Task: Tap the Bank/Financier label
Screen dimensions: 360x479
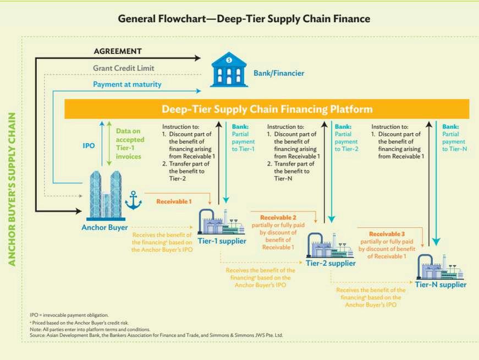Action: pyautogui.click(x=278, y=73)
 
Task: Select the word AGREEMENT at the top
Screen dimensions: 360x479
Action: pyautogui.click(x=118, y=51)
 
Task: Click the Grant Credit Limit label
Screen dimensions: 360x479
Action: pyautogui.click(x=123, y=68)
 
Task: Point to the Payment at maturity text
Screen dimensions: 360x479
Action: pyautogui.click(x=127, y=84)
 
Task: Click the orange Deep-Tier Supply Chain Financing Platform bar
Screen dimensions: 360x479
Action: pyautogui.click(x=267, y=109)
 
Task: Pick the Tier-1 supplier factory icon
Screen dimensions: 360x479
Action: pyautogui.click(x=221, y=223)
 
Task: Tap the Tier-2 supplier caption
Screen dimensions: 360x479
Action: pyautogui.click(x=331, y=263)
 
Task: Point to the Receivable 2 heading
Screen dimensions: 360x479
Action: pyautogui.click(x=278, y=217)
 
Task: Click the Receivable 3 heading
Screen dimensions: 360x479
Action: pyautogui.click(x=386, y=234)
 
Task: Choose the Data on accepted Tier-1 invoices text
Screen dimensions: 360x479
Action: pyautogui.click(x=130, y=144)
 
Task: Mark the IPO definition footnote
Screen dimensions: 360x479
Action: pyautogui.click(x=69, y=314)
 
